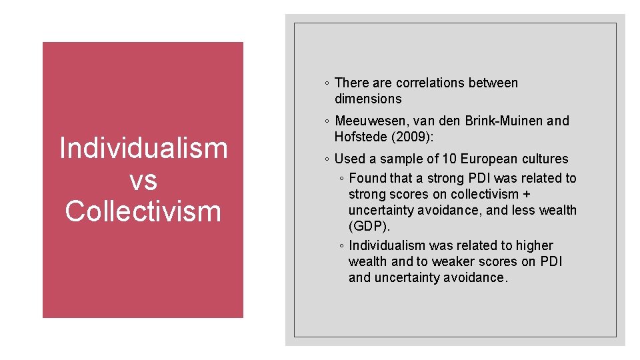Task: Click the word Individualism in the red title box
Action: coord(143,148)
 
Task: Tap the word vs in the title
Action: coord(143,179)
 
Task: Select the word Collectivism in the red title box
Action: coord(143,211)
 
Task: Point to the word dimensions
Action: coord(368,99)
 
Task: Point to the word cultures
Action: coord(545,159)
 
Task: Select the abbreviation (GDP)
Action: coord(369,226)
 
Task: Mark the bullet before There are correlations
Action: coord(326,83)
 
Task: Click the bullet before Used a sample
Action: coord(326,159)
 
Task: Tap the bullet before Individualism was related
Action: coord(341,246)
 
